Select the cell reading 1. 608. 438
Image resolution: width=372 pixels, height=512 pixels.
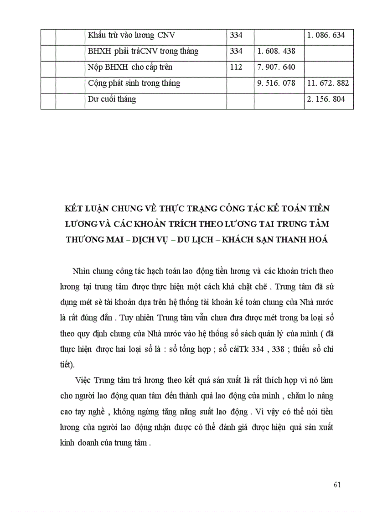277,52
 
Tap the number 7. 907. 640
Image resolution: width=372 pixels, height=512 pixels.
277,67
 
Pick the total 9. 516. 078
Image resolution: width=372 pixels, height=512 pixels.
277,83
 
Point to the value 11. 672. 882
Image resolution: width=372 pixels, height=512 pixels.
328,83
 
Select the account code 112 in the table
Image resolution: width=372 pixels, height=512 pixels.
236,67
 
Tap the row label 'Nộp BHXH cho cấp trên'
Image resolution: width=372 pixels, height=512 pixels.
130,67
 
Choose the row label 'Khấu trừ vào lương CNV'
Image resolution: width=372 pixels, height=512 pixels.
131,35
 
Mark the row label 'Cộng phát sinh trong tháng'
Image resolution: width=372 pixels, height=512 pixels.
134,83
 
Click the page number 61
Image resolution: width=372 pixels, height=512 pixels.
337,485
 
